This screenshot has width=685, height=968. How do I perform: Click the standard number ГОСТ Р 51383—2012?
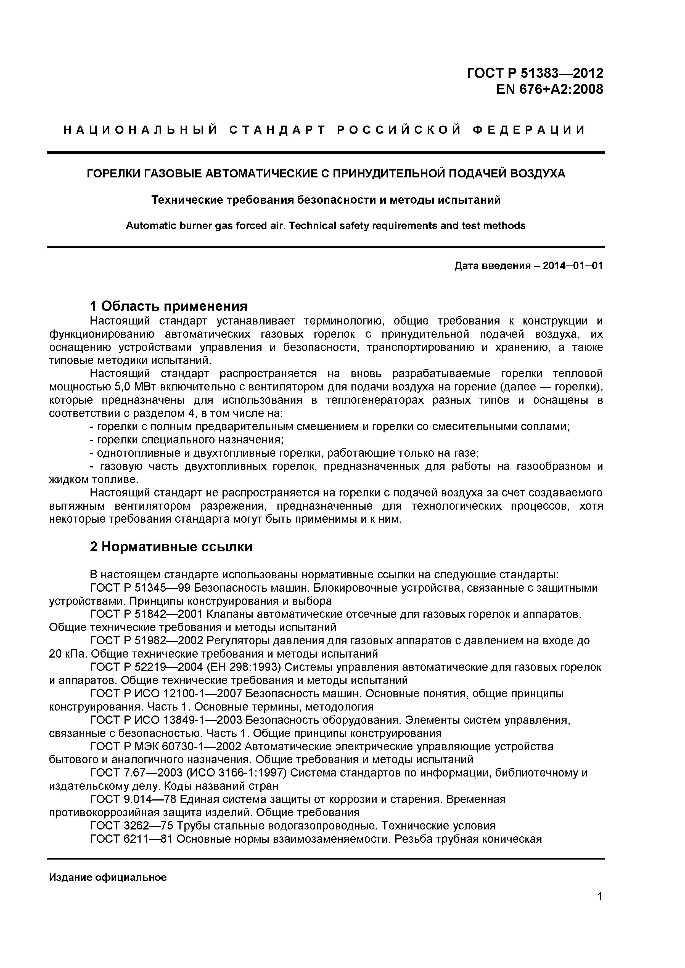535,73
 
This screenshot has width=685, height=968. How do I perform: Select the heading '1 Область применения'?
169,306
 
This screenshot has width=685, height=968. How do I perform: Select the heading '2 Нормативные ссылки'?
171,547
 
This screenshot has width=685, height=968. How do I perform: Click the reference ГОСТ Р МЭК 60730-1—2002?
166,747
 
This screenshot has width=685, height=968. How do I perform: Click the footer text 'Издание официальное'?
108,878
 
